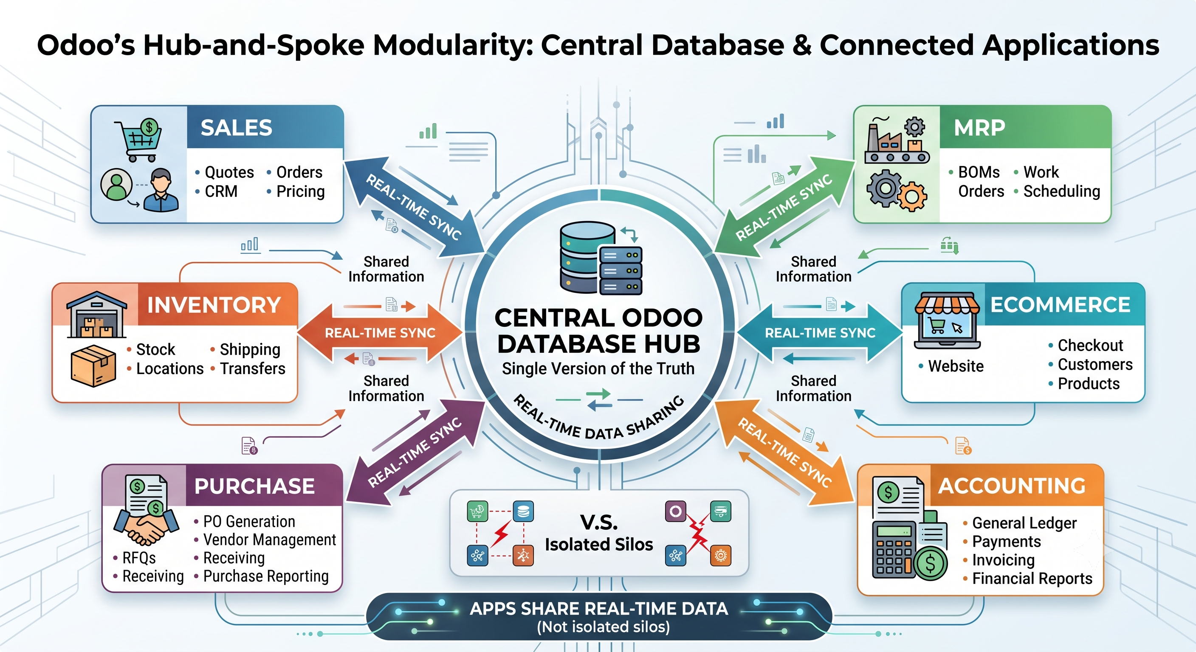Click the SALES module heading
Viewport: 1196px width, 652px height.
pyautogui.click(x=236, y=128)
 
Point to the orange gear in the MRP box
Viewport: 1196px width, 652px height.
pyautogui.click(x=912, y=196)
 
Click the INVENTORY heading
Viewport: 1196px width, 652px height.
pyautogui.click(x=214, y=305)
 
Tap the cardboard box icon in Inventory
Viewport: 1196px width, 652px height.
pyautogui.click(x=93, y=365)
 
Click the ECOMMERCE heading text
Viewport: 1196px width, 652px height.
pyautogui.click(x=1061, y=305)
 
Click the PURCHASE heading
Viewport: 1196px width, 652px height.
pyautogui.click(x=254, y=486)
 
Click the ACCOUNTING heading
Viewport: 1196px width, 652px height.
pyautogui.click(x=1012, y=486)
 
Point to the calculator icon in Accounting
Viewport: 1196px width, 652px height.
pyautogui.click(x=894, y=549)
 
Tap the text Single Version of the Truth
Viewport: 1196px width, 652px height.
pyautogui.click(x=598, y=368)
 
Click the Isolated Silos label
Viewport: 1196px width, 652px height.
pyautogui.click(x=599, y=544)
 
